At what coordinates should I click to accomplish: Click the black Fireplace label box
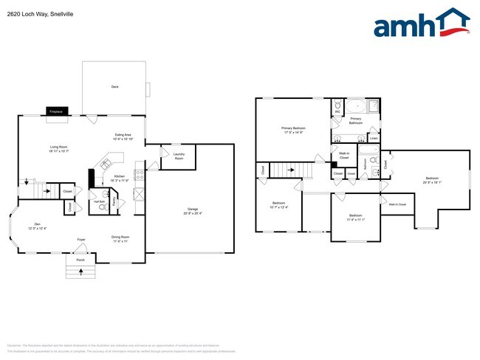pos(55,111)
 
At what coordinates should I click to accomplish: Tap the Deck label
pos(114,87)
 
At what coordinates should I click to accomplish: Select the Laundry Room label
pos(179,157)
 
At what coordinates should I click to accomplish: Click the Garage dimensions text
pos(193,213)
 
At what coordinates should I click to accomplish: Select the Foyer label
pos(81,240)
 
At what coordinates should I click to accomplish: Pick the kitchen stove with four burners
pos(139,195)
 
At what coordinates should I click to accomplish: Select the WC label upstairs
pos(337,111)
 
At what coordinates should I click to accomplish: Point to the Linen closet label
pos(374,138)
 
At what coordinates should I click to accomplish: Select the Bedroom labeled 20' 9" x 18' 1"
pos(432,179)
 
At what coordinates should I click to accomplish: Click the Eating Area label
pos(123,136)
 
